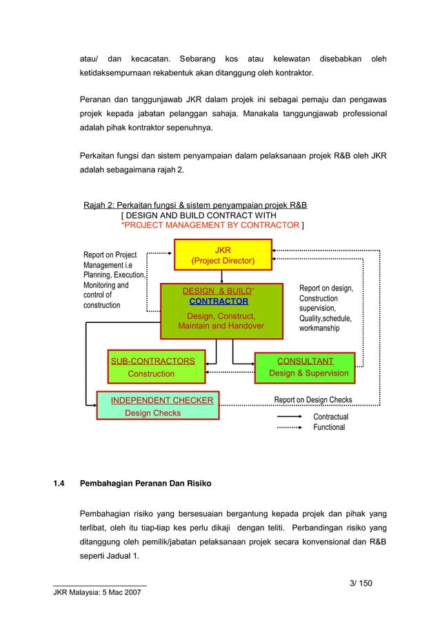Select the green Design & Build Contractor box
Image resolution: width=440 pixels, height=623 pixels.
point(221,311)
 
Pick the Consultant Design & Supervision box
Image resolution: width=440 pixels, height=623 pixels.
point(305,367)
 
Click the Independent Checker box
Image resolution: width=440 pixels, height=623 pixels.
point(157,406)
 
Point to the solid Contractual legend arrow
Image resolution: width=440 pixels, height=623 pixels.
point(290,417)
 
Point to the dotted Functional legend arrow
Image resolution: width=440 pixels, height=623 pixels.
point(290,428)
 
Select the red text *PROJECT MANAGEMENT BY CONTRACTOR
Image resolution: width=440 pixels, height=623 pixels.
point(210,225)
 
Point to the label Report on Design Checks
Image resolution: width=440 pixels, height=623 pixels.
point(313,399)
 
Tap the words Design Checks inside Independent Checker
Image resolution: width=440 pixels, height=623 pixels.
point(152,413)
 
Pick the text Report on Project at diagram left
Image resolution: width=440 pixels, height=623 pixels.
point(110,255)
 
